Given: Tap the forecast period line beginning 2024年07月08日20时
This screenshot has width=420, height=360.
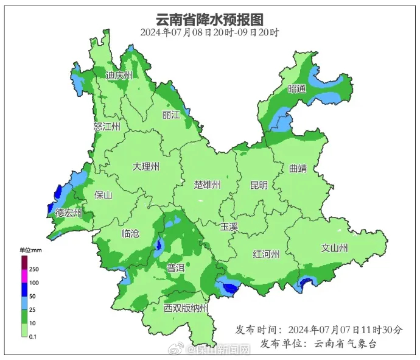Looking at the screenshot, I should [210, 32].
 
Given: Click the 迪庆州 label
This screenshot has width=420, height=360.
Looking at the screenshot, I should [119, 76].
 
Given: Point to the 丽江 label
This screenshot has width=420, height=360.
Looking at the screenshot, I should [171, 115].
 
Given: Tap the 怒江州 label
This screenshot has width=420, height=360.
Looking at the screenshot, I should [107, 126].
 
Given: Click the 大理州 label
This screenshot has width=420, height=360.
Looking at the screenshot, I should [146, 166].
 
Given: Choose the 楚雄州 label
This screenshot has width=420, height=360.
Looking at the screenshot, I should [207, 185].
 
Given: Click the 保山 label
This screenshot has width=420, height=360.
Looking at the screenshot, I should [104, 196].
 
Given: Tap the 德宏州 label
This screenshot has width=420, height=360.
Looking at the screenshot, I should [69, 213].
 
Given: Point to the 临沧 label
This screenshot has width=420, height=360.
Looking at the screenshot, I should [131, 233].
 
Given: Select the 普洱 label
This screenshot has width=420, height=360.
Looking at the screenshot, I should [176, 267].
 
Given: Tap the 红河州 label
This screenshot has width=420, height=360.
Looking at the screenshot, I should [266, 254].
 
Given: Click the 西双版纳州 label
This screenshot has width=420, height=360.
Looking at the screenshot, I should [186, 308].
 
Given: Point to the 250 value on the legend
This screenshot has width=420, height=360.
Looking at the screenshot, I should [34, 269].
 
